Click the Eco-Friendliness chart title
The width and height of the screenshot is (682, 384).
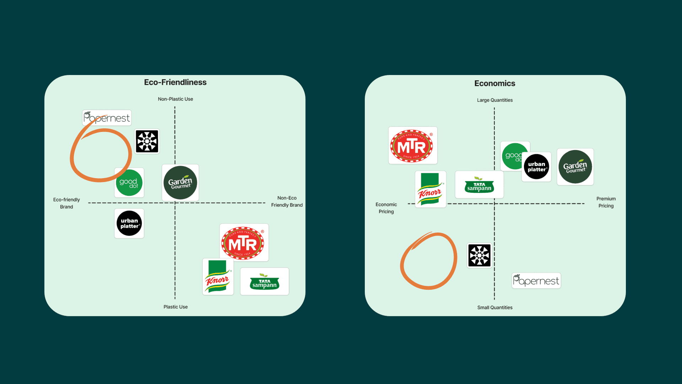pos(175,82)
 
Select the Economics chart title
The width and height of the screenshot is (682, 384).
pos(494,83)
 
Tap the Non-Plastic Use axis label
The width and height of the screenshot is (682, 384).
pos(175,99)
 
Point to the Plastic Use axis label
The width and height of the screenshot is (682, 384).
pos(175,307)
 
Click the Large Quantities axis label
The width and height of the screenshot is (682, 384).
pos(494,100)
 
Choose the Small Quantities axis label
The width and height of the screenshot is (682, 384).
pos(494,308)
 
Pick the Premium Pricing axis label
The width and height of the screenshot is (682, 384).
pos(606,202)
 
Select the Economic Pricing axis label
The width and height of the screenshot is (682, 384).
pos(386,208)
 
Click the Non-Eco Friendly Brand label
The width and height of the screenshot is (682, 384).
pos(287,202)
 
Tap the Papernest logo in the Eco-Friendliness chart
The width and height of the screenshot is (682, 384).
pos(107,118)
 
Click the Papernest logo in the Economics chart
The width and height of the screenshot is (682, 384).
pos(536,281)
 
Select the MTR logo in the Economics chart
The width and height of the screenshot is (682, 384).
pos(412,145)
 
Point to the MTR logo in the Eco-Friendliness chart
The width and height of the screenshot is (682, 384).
pos(244,243)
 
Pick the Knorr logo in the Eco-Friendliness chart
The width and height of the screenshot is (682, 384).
pos(218,277)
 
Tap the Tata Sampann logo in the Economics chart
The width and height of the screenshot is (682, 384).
pos(479,185)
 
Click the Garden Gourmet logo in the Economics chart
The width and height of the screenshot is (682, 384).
pos(575,167)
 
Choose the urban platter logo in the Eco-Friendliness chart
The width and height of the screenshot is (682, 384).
pos(129,223)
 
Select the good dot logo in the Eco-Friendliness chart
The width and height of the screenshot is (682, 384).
pos(129,183)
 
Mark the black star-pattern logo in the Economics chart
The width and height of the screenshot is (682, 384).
pos(479,255)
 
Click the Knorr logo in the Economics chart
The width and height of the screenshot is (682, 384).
pos(430,190)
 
